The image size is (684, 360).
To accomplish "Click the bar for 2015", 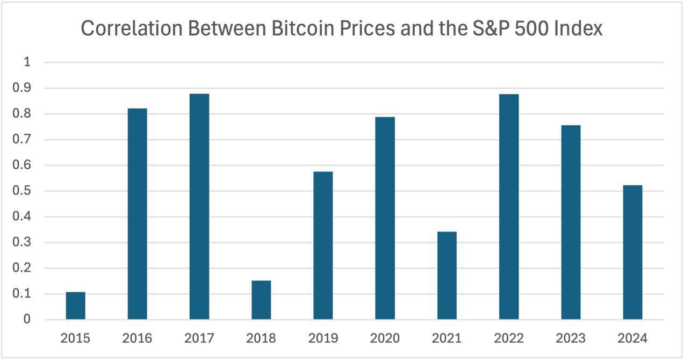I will (x=75, y=306).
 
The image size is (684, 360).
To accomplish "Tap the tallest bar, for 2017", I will (x=199, y=207).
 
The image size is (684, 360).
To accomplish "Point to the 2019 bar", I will (x=323, y=246).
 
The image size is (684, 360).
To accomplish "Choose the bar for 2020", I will (x=385, y=218).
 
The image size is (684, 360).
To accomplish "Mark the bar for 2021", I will (x=447, y=276).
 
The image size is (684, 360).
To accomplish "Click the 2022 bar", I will (x=509, y=207).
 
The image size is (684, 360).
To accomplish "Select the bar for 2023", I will (x=571, y=222).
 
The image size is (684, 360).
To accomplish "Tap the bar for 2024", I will (x=632, y=253).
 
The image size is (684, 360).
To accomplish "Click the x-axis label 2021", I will (x=447, y=339).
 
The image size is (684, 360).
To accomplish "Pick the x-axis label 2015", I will (x=75, y=339).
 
